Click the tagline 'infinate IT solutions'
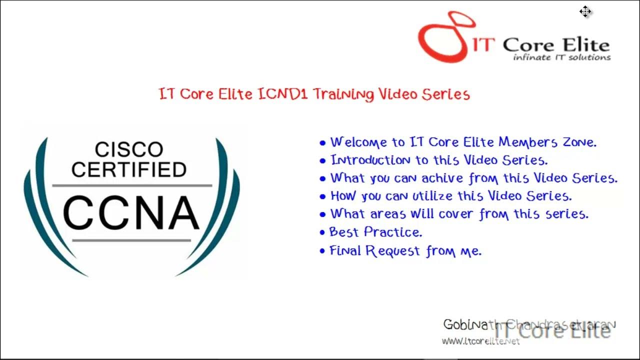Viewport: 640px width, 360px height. [x=561, y=57]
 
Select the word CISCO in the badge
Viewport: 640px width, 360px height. [x=129, y=149]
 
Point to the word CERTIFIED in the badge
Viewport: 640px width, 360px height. [x=129, y=170]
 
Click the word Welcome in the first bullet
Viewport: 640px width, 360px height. [x=358, y=142]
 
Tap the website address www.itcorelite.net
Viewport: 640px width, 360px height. [x=480, y=341]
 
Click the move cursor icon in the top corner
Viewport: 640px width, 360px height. [x=585, y=11]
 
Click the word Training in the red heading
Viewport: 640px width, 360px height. [x=343, y=94]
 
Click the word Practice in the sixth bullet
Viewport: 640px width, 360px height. [x=393, y=232]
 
